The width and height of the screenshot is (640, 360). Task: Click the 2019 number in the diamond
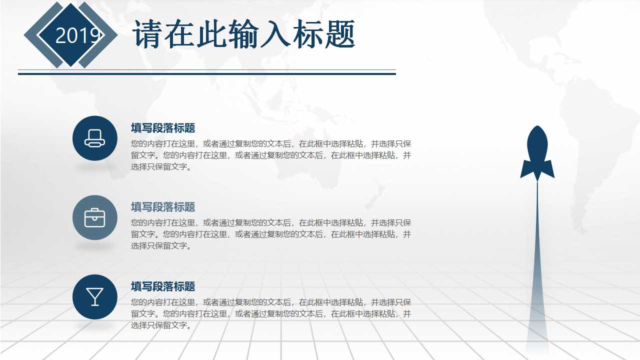[77, 35]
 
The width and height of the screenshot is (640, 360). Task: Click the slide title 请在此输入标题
[243, 34]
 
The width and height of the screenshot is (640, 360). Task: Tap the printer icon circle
[95, 138]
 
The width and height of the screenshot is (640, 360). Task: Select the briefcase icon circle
[95, 217]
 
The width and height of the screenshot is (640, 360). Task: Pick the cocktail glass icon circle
[95, 296]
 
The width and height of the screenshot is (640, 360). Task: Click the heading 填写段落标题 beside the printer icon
[163, 128]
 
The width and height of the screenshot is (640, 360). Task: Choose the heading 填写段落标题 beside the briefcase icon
[163, 207]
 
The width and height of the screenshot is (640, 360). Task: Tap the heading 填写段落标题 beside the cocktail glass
[163, 286]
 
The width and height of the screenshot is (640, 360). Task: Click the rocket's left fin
[525, 169]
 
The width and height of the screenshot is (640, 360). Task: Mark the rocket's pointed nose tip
[537, 127]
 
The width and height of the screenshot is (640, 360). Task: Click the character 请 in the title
[146, 34]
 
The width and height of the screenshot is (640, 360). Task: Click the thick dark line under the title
[206, 73]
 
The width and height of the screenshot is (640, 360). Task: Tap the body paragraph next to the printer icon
[270, 155]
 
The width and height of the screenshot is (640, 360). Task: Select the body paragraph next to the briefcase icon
[270, 234]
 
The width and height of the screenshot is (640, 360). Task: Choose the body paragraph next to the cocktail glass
[270, 313]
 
